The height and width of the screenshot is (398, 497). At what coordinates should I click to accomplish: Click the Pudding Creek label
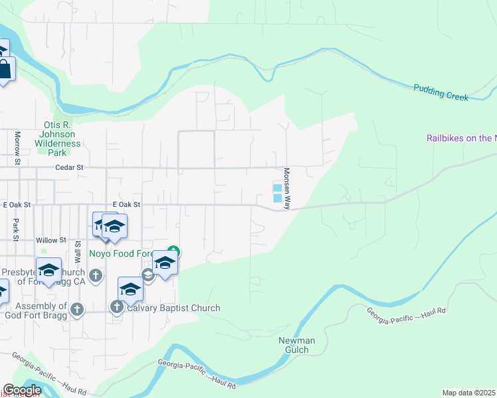click(x=441, y=92)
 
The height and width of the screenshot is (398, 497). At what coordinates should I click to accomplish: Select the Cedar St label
click(x=69, y=168)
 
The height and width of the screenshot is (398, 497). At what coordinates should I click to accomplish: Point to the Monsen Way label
click(x=287, y=188)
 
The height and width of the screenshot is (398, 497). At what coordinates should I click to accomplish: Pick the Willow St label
click(x=52, y=240)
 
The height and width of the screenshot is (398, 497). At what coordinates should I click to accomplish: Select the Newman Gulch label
click(x=296, y=345)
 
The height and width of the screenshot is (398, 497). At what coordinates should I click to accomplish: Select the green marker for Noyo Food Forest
click(x=173, y=251)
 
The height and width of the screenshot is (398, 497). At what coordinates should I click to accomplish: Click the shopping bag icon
click(x=5, y=70)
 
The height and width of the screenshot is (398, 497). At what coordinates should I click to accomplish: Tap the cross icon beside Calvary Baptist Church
click(x=117, y=306)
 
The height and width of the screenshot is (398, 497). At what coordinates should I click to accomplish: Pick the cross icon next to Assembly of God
click(x=77, y=308)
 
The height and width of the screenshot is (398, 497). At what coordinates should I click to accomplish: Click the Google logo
click(x=22, y=390)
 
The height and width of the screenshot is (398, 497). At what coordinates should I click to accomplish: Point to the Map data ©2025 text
click(x=469, y=393)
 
